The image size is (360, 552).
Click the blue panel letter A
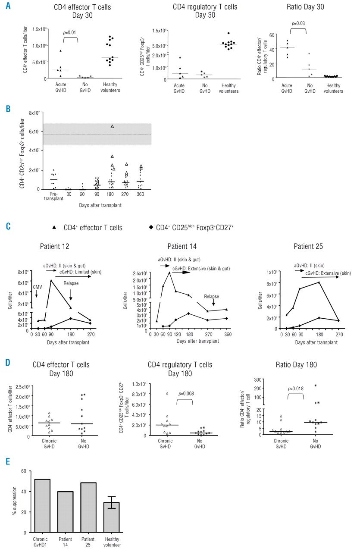[x=7, y=7]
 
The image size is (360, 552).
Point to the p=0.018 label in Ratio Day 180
[x=295, y=394]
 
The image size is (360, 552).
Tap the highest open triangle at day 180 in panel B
[x=112, y=126]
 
